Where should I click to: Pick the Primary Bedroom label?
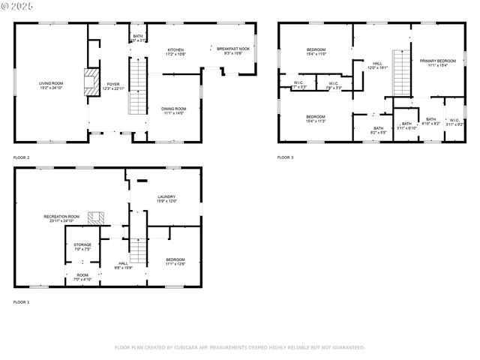[437, 62]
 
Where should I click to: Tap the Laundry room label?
[166, 198]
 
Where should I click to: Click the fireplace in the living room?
[91, 82]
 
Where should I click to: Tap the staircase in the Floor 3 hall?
[402, 75]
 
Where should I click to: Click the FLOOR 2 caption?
[22, 157]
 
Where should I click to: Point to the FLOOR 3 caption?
[286, 157]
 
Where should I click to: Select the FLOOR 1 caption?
[22, 301]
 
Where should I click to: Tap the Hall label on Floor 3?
[377, 65]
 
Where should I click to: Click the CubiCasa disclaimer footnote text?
[240, 347]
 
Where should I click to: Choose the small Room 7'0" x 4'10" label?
[82, 277]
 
